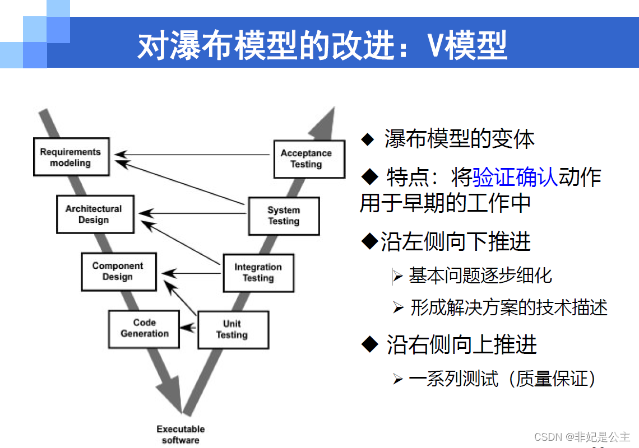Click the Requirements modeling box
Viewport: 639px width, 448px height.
click(71, 157)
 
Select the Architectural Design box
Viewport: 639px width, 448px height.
click(95, 214)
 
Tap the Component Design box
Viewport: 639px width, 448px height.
click(118, 272)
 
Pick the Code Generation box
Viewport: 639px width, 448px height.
click(144, 328)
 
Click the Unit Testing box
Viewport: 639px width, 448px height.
click(233, 329)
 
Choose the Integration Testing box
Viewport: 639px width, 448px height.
click(258, 273)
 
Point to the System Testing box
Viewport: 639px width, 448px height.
click(284, 216)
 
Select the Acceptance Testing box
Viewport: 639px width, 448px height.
click(308, 159)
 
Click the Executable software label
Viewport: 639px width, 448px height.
click(180, 435)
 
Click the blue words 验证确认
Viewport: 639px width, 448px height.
click(515, 177)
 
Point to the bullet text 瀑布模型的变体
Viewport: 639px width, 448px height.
click(459, 139)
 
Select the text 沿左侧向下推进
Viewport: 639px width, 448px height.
click(455, 242)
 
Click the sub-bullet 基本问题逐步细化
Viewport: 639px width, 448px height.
click(480, 275)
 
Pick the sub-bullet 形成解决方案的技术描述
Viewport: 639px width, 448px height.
click(508, 307)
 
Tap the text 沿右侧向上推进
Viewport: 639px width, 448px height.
click(461, 345)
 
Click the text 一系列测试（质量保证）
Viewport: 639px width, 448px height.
click(502, 379)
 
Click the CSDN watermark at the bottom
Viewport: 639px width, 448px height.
click(582, 436)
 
